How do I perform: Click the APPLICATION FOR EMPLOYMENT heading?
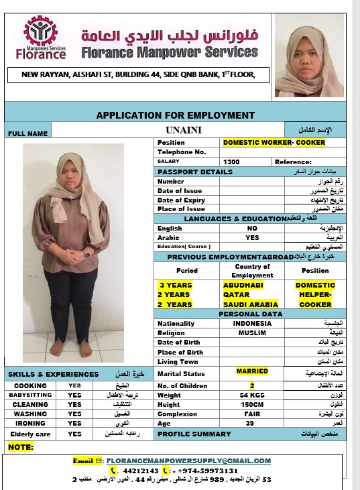(175, 115)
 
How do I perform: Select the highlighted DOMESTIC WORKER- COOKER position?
(274, 143)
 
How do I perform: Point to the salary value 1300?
(231, 162)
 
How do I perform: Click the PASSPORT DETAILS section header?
(194, 172)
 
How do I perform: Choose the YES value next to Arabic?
(252, 237)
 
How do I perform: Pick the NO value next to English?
(252, 228)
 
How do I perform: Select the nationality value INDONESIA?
(252, 323)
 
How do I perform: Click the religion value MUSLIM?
(252, 332)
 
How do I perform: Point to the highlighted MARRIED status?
(252, 371)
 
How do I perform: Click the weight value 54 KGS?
(252, 395)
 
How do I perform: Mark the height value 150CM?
(252, 405)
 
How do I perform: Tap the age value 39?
(252, 424)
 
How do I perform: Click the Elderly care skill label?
(29, 434)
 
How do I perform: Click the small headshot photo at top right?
(309, 56)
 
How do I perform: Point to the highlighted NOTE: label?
(21, 446)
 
